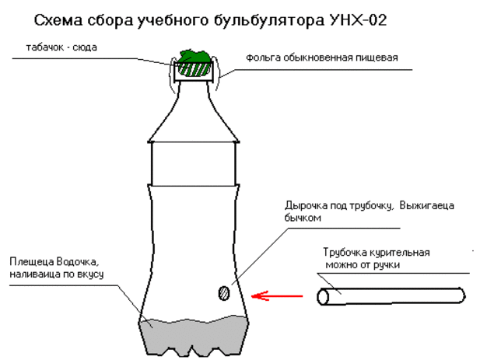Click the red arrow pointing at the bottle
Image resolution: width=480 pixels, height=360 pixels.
[x=277, y=296]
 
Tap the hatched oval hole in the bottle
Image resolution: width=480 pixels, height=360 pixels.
[x=224, y=293]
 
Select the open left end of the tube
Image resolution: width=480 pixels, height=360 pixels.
[x=323, y=297]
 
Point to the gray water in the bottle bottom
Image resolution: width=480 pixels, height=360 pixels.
[x=194, y=337]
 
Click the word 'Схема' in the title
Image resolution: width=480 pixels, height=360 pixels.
[x=58, y=20]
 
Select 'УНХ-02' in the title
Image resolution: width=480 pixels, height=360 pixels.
[x=358, y=20]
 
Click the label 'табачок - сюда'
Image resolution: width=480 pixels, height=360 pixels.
[x=61, y=47]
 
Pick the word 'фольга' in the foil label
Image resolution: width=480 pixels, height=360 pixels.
[x=263, y=58]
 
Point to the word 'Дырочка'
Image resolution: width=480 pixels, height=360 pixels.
[x=306, y=205]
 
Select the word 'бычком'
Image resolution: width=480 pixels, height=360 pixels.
[x=303, y=218]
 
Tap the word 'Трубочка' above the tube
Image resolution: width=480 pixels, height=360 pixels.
[x=345, y=253]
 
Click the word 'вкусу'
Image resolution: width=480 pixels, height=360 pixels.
[x=90, y=274]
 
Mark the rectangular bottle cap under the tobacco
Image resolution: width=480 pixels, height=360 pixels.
[x=194, y=72]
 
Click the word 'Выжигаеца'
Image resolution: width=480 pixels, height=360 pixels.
[x=427, y=205]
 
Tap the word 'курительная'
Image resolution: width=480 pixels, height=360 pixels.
[x=400, y=253]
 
